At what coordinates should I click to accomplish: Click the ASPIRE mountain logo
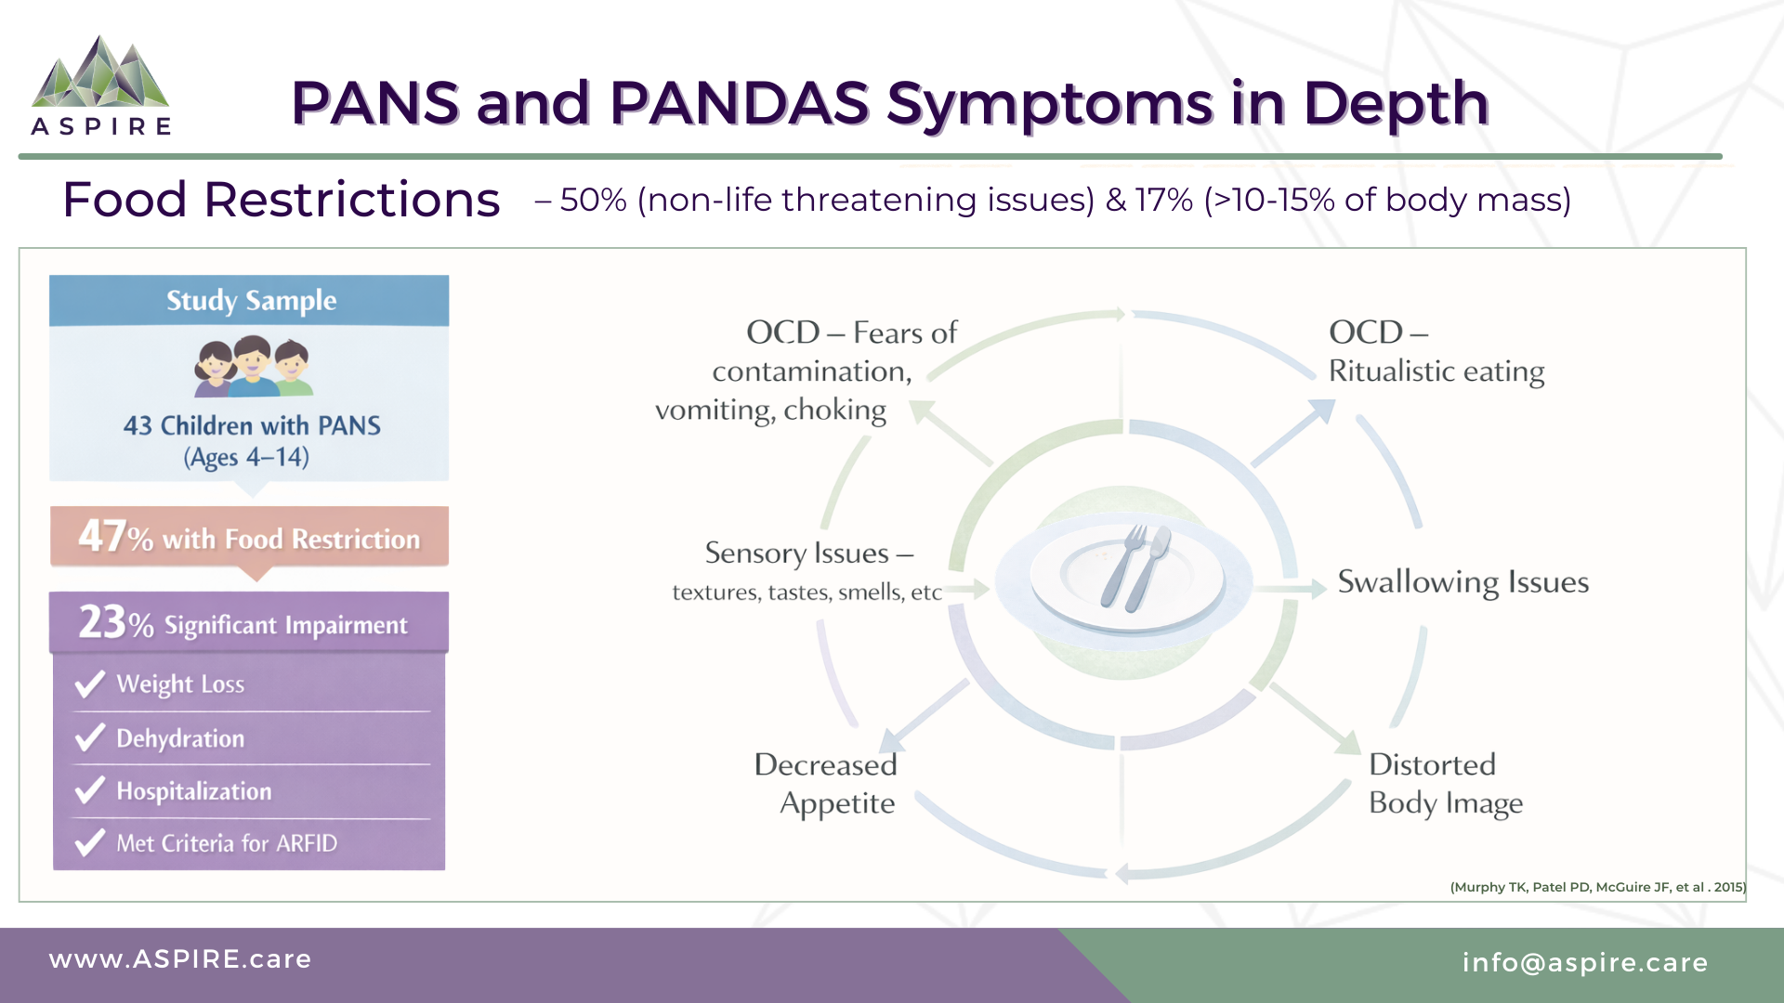coord(100,74)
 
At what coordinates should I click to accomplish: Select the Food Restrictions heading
coord(281,200)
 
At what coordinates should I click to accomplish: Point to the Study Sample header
coord(251,301)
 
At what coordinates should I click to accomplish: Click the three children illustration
coord(253,367)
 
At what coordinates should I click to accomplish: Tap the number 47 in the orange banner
coord(102,536)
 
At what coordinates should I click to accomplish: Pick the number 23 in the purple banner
coord(102,621)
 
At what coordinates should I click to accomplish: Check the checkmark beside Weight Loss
coord(90,684)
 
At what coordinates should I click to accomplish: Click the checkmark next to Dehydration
coord(90,738)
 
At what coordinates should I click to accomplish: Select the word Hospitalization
coord(194,791)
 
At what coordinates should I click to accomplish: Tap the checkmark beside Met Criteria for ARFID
coord(90,843)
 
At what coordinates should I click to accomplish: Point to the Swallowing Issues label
coord(1463,582)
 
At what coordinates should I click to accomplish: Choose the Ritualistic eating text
coord(1436,371)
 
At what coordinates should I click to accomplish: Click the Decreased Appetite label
coord(827,784)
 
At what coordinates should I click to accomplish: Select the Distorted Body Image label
coord(1445,784)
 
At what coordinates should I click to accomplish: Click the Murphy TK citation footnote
coord(1597,887)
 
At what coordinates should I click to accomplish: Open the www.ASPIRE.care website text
coord(180,959)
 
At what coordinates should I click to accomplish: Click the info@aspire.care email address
coord(1584,963)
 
